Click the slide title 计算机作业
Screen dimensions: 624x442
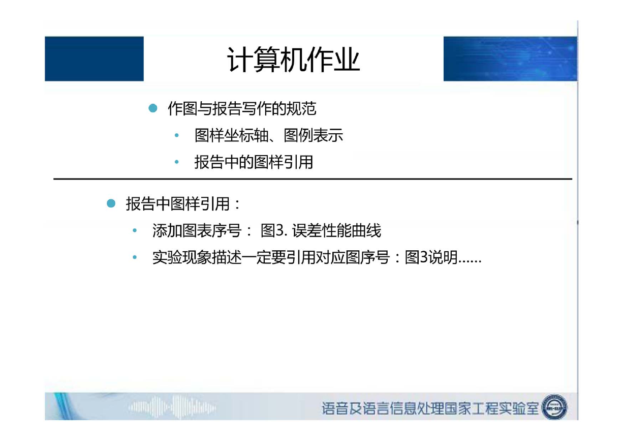pyautogui.click(x=294, y=60)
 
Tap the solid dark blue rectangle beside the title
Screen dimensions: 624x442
pyautogui.click(x=94, y=59)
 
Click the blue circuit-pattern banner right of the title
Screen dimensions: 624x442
pyautogui.click(x=510, y=59)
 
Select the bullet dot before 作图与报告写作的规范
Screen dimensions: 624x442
pyautogui.click(x=153, y=108)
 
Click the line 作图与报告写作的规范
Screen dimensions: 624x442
pyautogui.click(x=242, y=108)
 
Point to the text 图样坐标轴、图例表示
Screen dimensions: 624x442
pyautogui.click(x=269, y=135)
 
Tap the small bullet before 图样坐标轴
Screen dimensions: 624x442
pyautogui.click(x=176, y=135)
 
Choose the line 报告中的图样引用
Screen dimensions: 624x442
pyautogui.click(x=254, y=162)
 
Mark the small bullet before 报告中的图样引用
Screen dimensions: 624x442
pyautogui.click(x=176, y=162)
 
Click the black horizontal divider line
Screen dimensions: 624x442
pyautogui.click(x=313, y=179)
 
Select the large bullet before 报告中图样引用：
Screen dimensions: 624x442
pyautogui.click(x=111, y=203)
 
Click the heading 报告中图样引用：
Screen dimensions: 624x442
pyautogui.click(x=183, y=203)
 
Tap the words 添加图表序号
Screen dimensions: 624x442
pyautogui.click(x=197, y=230)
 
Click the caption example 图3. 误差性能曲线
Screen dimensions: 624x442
pyautogui.click(x=321, y=230)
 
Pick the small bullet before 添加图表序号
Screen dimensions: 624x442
pyautogui.click(x=135, y=230)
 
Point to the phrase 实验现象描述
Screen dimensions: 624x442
pyautogui.click(x=197, y=257)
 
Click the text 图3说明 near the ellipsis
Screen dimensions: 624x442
pyautogui.click(x=431, y=257)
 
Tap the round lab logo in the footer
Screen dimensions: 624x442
pyautogui.click(x=554, y=407)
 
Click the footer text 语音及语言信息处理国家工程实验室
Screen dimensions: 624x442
pyautogui.click(x=430, y=408)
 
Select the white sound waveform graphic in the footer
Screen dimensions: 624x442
pyautogui.click(x=172, y=408)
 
